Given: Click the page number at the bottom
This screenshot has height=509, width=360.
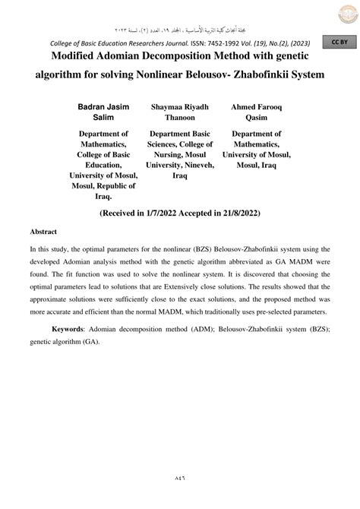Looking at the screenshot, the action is [x=180, y=479].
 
